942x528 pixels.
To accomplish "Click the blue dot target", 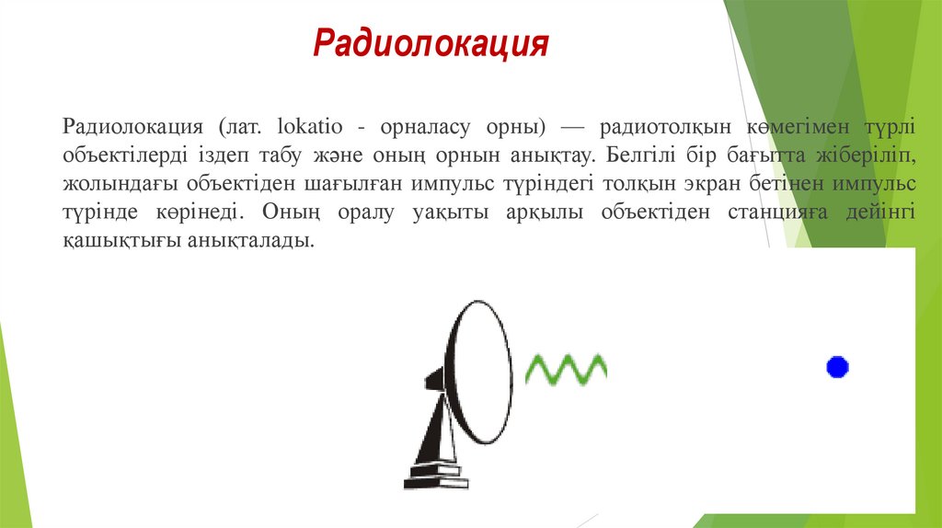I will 837,367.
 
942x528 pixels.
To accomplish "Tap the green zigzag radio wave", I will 565,369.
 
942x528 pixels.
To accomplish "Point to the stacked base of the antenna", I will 435,475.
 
